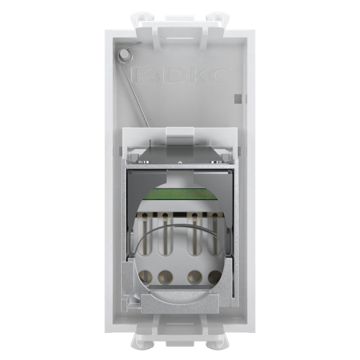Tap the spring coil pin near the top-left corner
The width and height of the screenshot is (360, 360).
coord(124,55)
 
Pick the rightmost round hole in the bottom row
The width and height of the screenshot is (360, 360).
coord(214,277)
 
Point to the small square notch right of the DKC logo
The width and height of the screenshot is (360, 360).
coord(239,96)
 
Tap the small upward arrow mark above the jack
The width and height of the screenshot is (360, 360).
coord(179,163)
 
